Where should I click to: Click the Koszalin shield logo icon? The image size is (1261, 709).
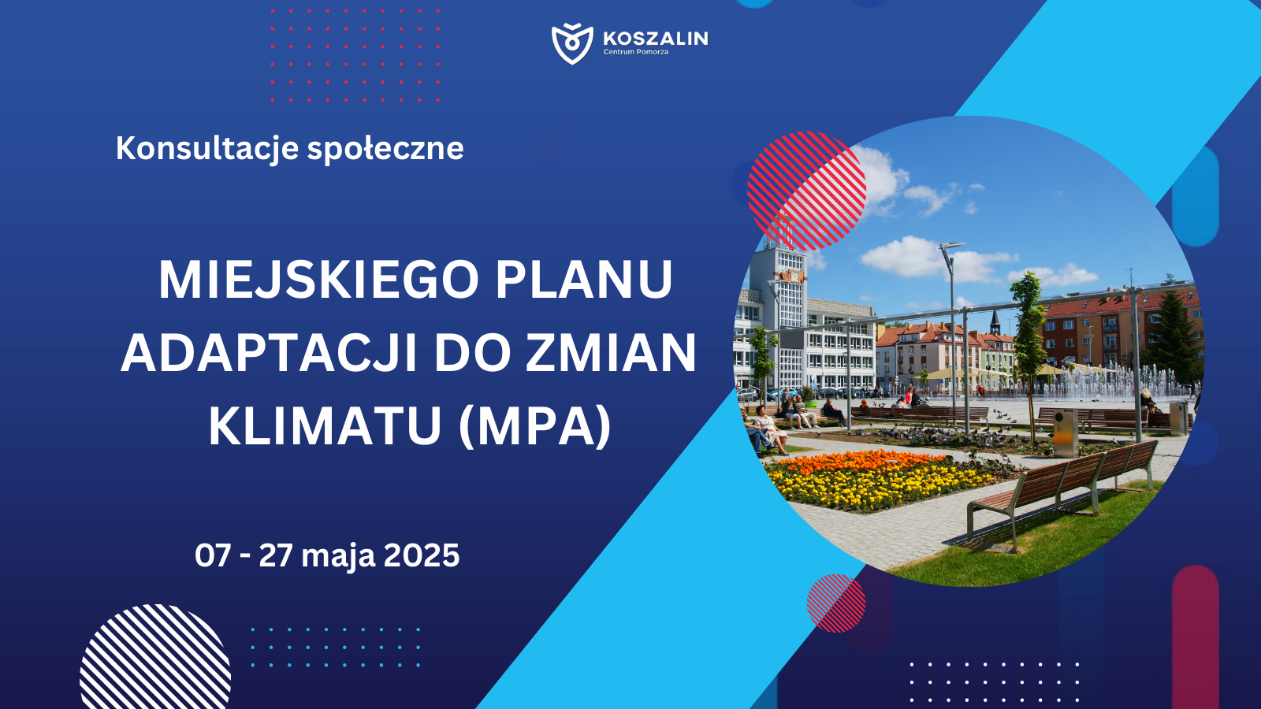[x=572, y=44]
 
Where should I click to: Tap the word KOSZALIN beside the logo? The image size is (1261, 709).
[x=655, y=39]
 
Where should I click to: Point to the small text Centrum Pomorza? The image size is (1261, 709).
[x=635, y=52]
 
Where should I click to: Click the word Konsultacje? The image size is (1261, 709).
[x=206, y=149]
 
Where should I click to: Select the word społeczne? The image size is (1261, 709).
[x=385, y=149]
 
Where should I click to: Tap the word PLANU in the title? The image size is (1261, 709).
[x=583, y=280]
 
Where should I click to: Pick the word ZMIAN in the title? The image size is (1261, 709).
[x=611, y=354]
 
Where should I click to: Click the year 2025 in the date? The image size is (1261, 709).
[x=422, y=556]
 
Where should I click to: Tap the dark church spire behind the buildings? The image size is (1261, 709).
[x=995, y=323]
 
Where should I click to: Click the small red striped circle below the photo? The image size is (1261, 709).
[x=836, y=603]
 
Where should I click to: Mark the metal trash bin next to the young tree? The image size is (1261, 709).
[x=1066, y=432]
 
